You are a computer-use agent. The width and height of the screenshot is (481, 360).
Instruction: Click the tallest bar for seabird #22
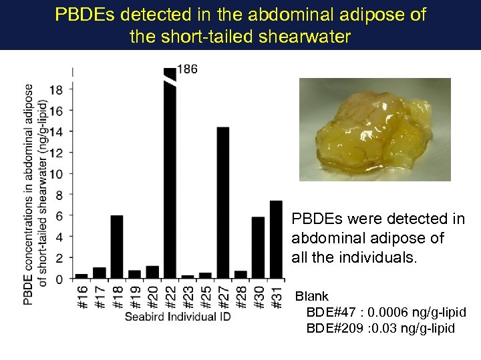pyautogui.click(x=170, y=180)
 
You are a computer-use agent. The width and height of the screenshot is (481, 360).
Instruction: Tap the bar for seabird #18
pyautogui.click(x=116, y=247)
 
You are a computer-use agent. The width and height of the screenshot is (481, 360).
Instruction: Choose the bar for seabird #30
pyautogui.click(x=258, y=247)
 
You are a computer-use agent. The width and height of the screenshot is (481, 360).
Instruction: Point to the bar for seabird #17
pyautogui.click(x=99, y=273)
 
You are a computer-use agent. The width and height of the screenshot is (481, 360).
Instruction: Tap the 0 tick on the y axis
pyautogui.click(x=61, y=279)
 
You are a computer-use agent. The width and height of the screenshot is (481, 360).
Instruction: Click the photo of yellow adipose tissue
pyautogui.click(x=374, y=129)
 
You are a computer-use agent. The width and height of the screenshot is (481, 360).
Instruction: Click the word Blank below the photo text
pyautogui.click(x=312, y=296)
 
